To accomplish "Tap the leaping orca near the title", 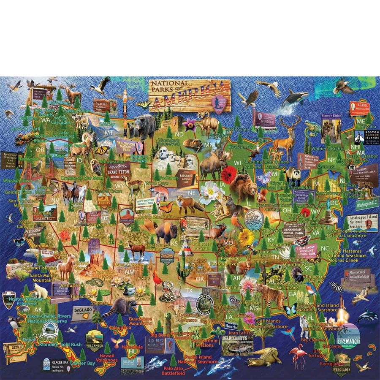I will [x=295, y=99].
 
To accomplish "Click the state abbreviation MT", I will [x=109, y=132].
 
